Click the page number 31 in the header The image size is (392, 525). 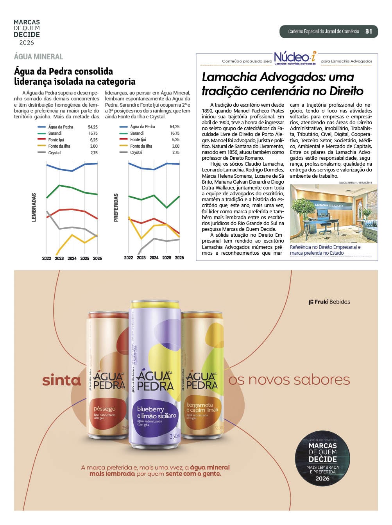[x=369, y=32]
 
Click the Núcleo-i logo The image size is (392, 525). [x=295, y=58]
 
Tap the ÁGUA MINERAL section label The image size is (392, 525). [x=38, y=57]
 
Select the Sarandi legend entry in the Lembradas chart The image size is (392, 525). [x=55, y=133]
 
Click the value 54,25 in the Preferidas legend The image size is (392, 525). [x=174, y=127]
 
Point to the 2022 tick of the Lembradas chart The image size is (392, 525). [x=47, y=259]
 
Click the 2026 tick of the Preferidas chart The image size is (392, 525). [x=179, y=258]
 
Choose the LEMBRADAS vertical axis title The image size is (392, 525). [x=34, y=207]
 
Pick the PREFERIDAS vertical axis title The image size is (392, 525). [x=116, y=207]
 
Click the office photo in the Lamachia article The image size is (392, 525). [x=333, y=214]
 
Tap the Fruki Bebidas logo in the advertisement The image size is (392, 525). [x=329, y=302]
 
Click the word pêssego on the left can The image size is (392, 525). [x=104, y=409]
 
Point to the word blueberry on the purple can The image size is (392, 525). [x=150, y=409]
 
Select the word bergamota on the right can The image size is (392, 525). [x=199, y=405]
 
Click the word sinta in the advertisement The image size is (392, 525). [x=61, y=380]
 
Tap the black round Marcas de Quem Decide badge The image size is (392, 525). [x=322, y=459]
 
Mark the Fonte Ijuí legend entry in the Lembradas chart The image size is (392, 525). [x=56, y=140]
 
